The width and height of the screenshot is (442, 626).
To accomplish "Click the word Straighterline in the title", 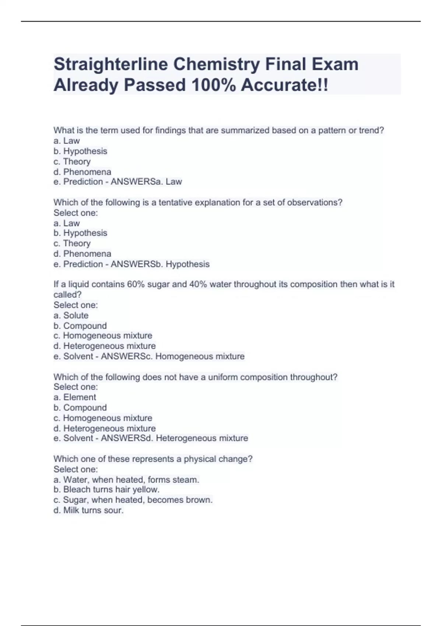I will [x=111, y=64].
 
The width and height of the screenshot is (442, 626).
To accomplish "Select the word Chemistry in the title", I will [x=217, y=64].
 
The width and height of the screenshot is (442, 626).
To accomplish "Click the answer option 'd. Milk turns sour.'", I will [x=88, y=510].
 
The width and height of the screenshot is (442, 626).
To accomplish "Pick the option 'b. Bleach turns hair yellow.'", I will [x=106, y=490].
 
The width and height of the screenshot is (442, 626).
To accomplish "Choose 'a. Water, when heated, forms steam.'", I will [x=126, y=480].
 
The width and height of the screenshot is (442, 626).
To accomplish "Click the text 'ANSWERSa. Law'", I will [x=146, y=182].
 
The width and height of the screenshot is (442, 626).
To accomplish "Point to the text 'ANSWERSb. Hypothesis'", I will [x=160, y=264].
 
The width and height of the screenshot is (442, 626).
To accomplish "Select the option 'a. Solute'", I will [x=71, y=316].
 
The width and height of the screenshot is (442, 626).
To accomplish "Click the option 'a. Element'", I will [x=75, y=397].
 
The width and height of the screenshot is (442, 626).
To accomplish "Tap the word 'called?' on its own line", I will [x=67, y=295].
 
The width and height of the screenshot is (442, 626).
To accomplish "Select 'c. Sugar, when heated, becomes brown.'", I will [x=133, y=500].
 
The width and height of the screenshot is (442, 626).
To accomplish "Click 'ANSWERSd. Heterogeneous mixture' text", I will [x=174, y=438].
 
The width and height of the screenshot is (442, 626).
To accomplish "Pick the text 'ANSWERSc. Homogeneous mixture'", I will [x=172, y=356].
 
